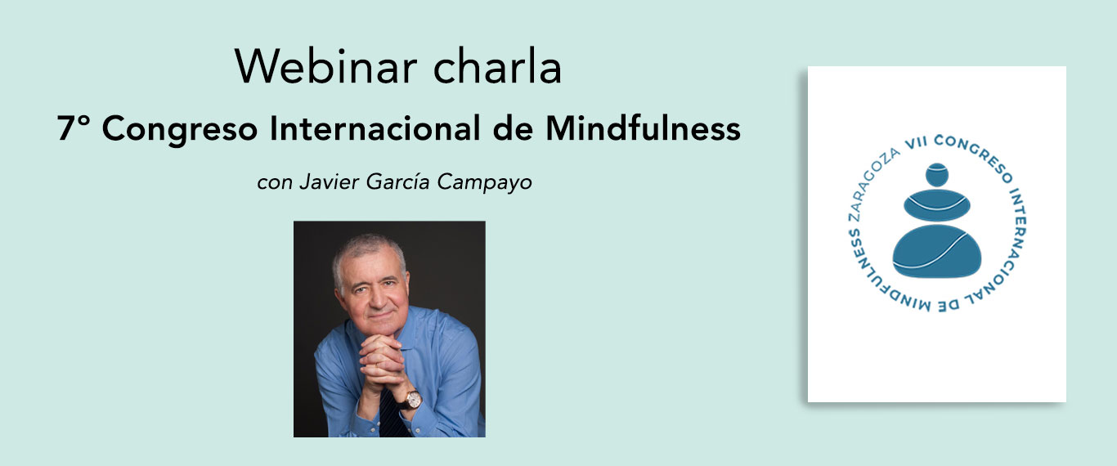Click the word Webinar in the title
tap(325, 66)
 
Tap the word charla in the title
tap(497, 65)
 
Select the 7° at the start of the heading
tap(74, 128)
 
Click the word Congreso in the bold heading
tap(180, 129)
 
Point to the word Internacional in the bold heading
tap(375, 128)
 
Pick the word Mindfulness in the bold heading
tap(643, 128)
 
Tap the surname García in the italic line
tap(397, 182)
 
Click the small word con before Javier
tap(275, 184)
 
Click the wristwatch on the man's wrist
tap(411, 400)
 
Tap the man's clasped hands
tap(382, 361)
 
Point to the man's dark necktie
tap(393, 414)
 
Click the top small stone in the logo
tap(936, 175)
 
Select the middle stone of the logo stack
tap(936, 205)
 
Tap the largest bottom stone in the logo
tap(936, 251)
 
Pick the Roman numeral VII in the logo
tap(916, 143)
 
